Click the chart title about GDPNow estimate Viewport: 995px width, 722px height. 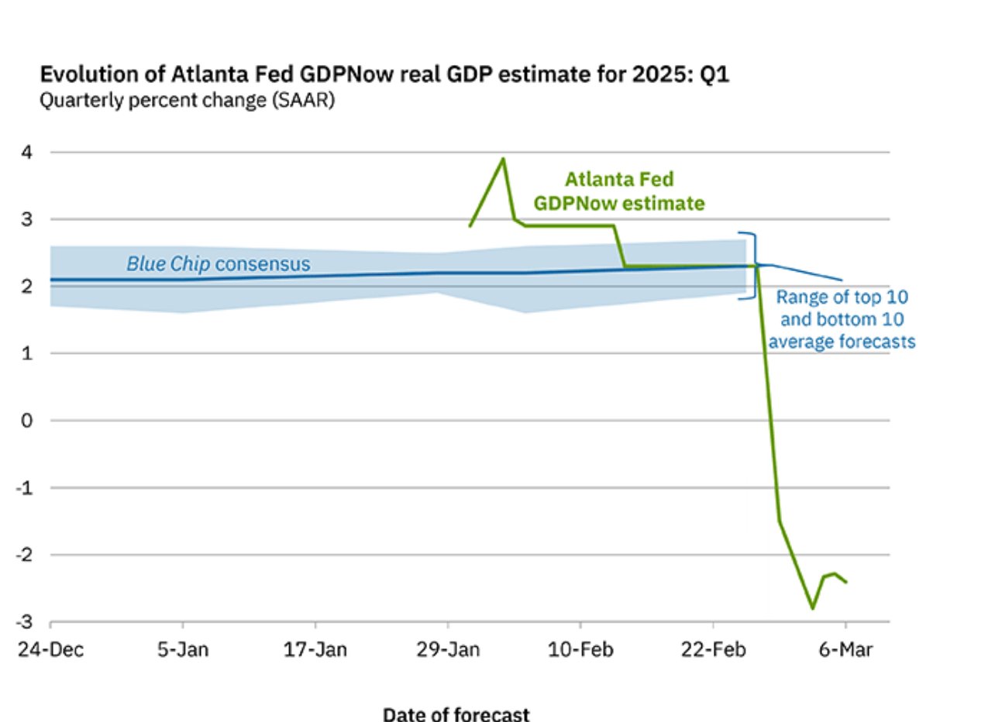384,75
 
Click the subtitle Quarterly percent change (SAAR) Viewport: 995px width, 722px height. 188,101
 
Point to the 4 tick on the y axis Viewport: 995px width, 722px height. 26,153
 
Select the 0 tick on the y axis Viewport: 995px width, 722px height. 26,421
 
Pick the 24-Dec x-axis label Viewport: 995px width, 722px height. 50,650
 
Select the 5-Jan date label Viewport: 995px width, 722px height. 183,650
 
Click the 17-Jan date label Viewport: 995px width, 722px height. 315,650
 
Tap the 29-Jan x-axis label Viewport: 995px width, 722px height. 448,650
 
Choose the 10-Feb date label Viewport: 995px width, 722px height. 580,650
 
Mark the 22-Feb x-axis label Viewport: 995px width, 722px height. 713,650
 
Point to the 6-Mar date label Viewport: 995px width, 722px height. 845,650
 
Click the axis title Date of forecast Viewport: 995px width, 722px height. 456,713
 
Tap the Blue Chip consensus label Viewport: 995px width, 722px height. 219,264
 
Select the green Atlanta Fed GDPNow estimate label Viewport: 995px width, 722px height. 619,191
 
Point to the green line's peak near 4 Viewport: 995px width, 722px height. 503,159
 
